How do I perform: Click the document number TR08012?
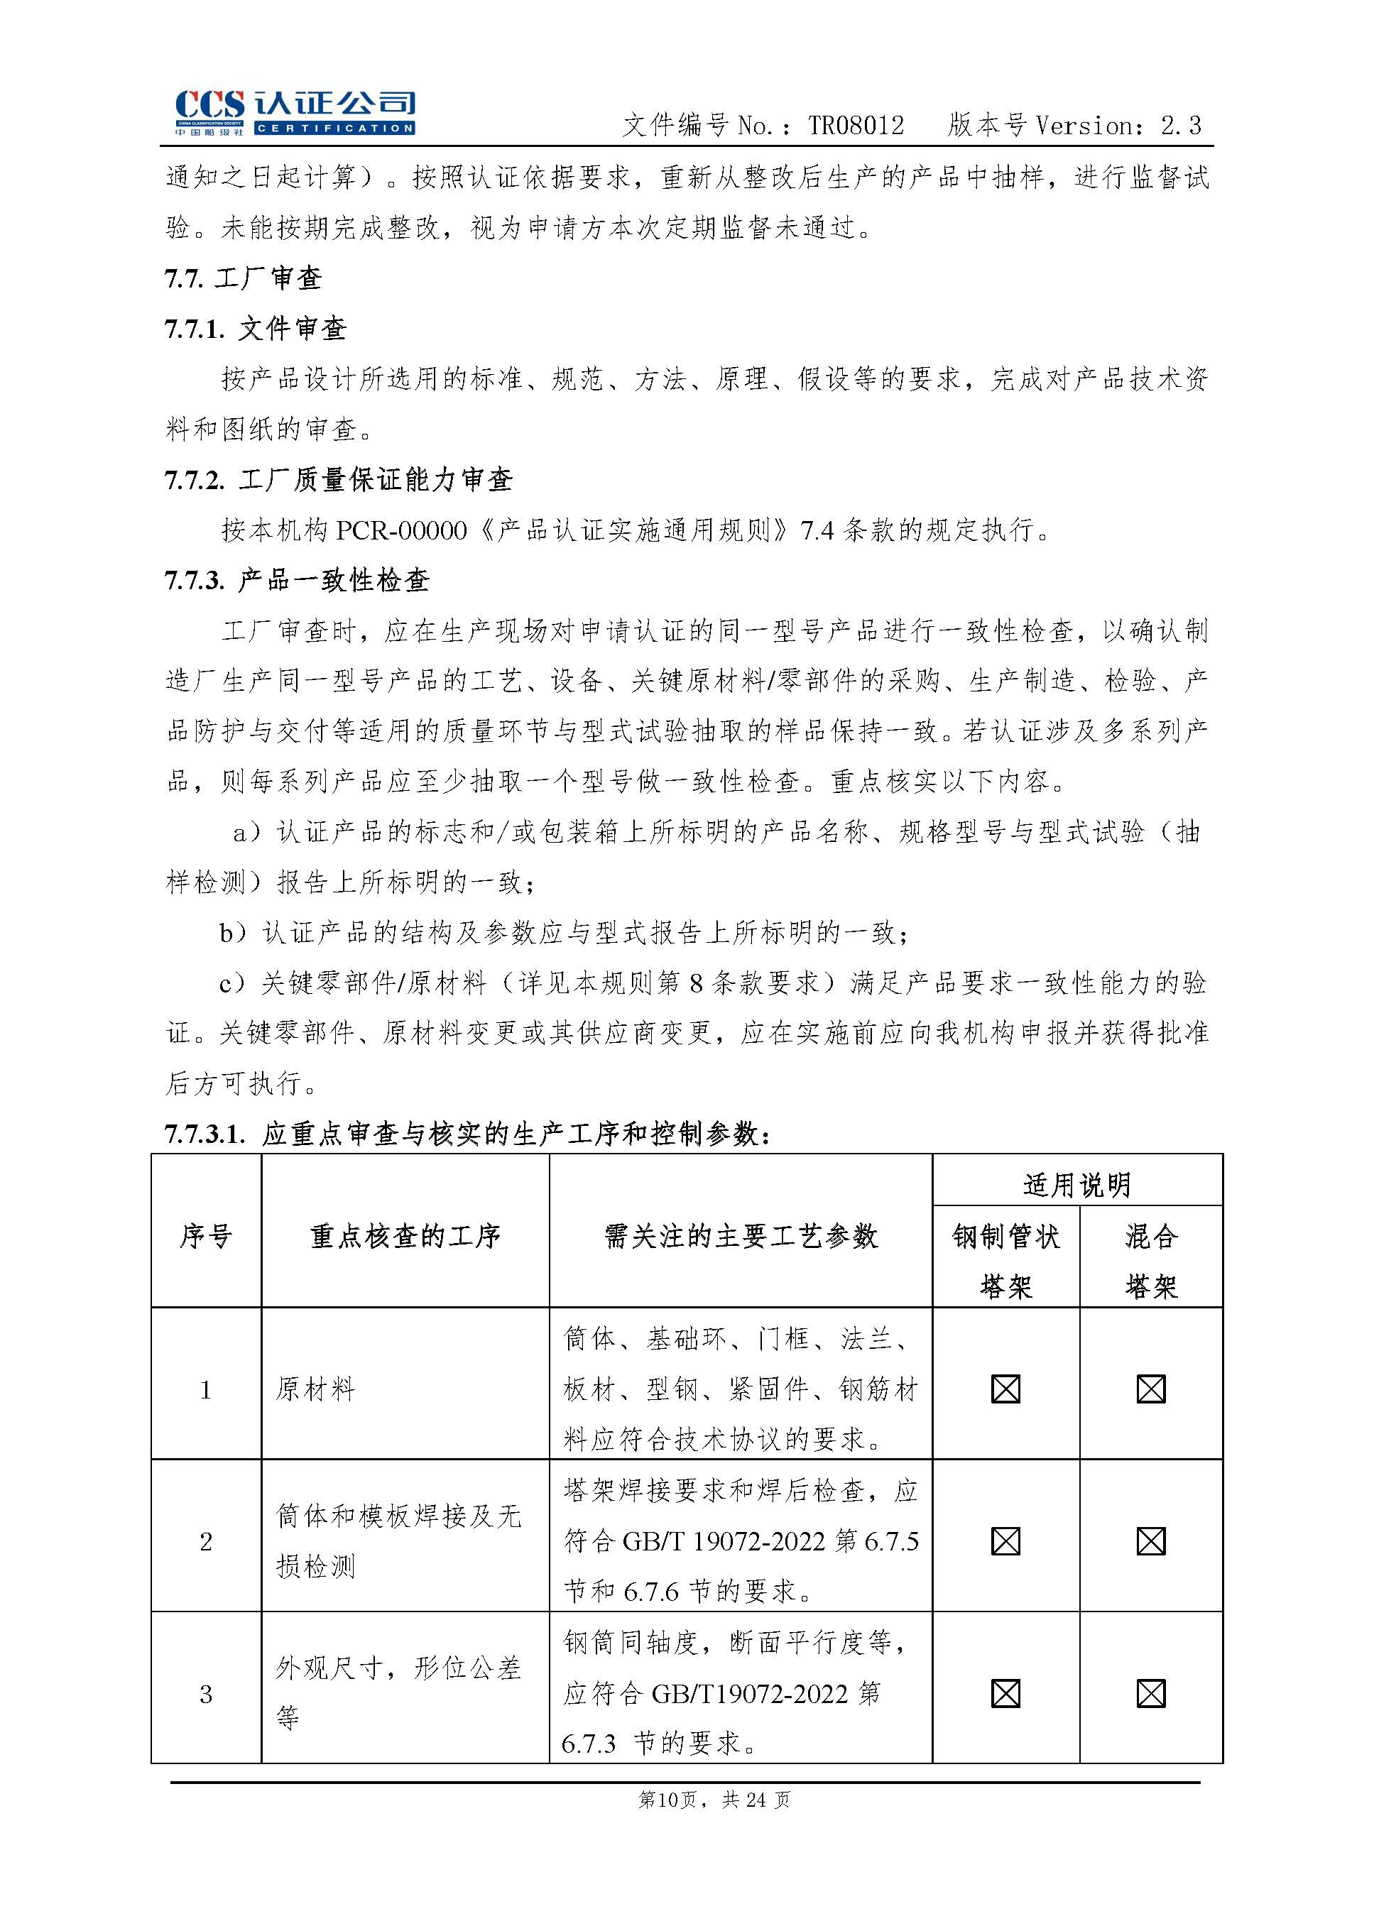[856, 126]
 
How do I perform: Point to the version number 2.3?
[1180, 126]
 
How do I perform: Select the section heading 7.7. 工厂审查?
[244, 278]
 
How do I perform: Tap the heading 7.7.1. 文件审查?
[256, 329]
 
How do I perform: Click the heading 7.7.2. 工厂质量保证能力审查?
[339, 481]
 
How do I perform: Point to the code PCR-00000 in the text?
[401, 531]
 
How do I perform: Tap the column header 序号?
[206, 1237]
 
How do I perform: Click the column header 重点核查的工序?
[405, 1237]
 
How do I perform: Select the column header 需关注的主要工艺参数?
[741, 1237]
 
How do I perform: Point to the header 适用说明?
[1076, 1184]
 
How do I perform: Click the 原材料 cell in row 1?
[315, 1389]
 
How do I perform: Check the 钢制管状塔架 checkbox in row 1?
[1005, 1389]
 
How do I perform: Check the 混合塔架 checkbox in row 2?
[1150, 1541]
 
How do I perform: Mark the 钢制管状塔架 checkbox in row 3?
[1005, 1693]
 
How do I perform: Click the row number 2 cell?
[206, 1541]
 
